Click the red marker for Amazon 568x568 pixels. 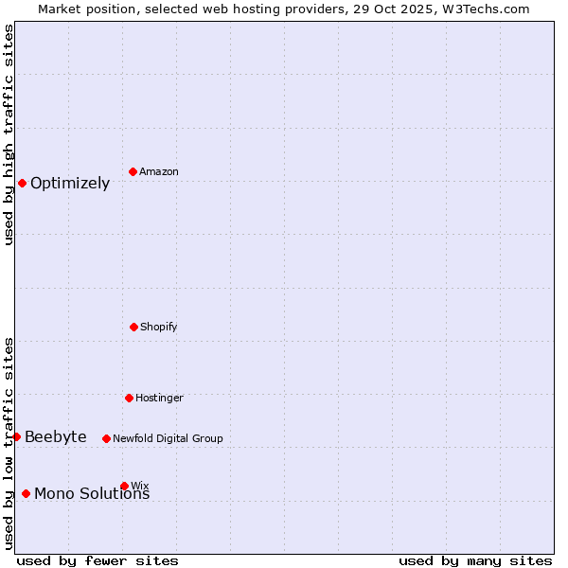click(133, 171)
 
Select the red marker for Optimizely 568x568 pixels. click(22, 183)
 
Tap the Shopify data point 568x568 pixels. click(133, 327)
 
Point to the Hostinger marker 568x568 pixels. click(129, 398)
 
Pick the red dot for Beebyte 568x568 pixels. click(16, 436)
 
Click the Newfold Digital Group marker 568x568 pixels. click(106, 438)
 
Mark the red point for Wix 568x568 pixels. click(124, 486)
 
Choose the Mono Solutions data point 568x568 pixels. click(26, 493)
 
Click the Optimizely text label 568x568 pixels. click(70, 184)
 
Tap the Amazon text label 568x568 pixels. click(159, 172)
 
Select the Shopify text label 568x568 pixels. click(159, 328)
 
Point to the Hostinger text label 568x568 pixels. click(159, 399)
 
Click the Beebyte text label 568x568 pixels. click(56, 437)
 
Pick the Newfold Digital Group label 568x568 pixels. click(168, 439)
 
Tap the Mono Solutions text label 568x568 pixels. click(92, 494)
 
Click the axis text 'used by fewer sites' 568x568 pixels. click(98, 560)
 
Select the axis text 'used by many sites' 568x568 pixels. click(475, 560)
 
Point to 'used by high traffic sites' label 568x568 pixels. click(9, 134)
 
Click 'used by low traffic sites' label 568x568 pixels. click(9, 443)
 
